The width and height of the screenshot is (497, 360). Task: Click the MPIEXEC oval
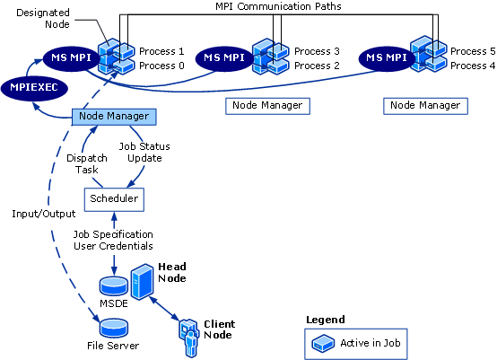point(33,87)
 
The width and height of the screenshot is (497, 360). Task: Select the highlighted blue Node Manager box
point(114,117)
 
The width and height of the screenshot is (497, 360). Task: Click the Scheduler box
point(114,197)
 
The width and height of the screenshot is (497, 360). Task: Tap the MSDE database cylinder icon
point(114,286)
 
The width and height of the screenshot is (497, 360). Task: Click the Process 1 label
point(161,52)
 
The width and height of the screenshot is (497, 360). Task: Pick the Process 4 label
point(472,66)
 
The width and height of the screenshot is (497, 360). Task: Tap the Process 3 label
point(317,52)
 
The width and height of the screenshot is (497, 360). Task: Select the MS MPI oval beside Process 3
point(224,58)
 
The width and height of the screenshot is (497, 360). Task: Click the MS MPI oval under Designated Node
point(68,58)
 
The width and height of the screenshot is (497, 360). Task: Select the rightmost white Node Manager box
point(426,106)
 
